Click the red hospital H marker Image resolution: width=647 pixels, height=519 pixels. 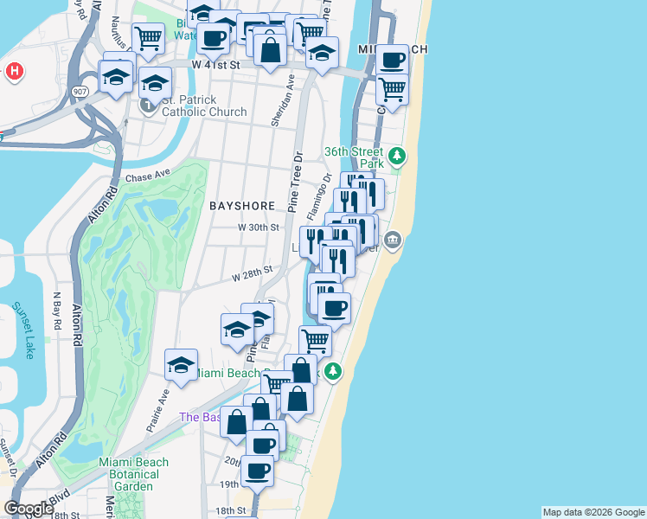(14, 71)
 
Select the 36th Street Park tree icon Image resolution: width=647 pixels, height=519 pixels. (397, 157)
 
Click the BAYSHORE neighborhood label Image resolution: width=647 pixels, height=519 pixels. (242, 206)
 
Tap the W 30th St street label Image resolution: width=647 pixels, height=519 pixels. (259, 227)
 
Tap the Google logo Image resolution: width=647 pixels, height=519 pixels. (28, 509)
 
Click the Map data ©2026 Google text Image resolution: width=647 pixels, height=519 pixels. (593, 512)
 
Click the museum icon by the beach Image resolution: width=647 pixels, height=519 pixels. (393, 240)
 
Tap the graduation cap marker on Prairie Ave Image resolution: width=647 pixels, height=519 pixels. (181, 366)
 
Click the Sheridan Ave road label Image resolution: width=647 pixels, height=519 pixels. (279, 99)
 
